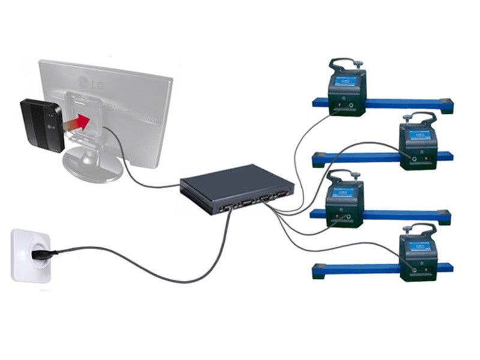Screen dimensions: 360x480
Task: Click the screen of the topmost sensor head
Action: tap(346, 84)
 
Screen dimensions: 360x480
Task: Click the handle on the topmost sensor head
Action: tap(344, 62)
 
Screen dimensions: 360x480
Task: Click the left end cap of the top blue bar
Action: tap(317, 103)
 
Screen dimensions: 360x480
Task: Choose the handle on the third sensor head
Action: tap(345, 175)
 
